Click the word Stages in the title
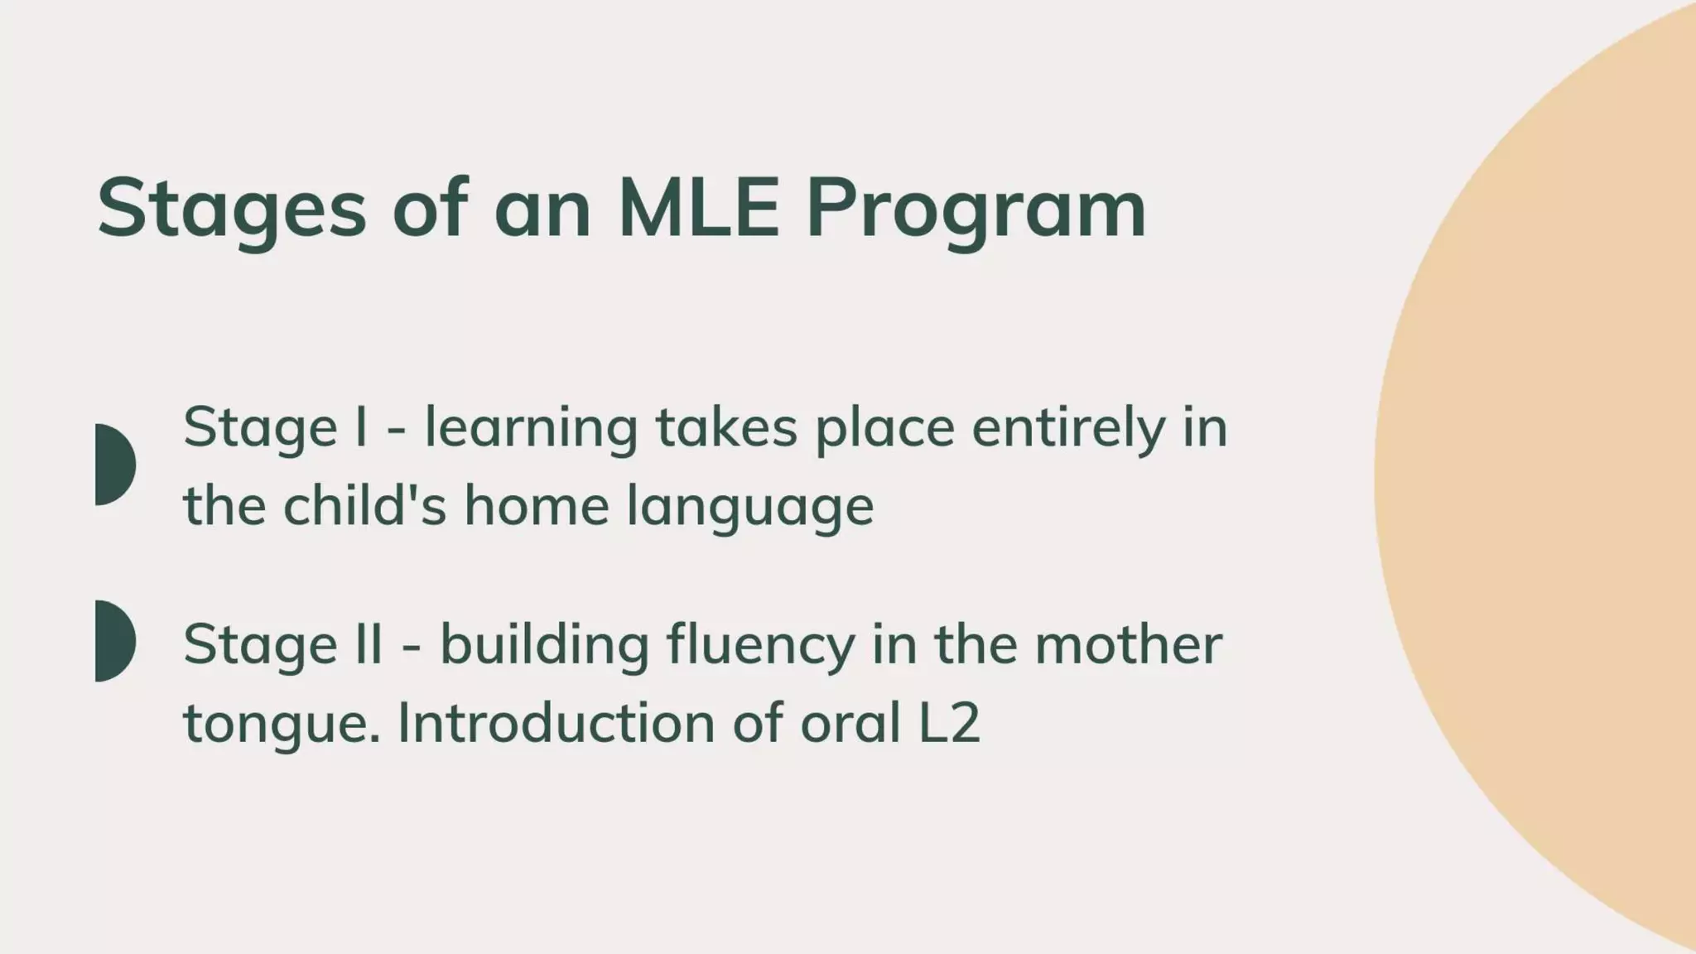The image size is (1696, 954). [x=231, y=209]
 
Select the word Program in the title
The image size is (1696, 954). [x=976, y=209]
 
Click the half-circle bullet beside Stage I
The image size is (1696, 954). [x=114, y=465]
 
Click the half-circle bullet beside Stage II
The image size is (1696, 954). [x=114, y=641]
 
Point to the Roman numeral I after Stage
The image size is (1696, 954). [x=359, y=428]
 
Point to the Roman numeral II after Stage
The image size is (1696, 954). [x=367, y=645]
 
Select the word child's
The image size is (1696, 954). [x=364, y=506]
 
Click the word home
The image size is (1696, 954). [x=537, y=506]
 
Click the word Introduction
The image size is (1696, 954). [x=556, y=723]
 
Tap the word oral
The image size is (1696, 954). [x=850, y=723]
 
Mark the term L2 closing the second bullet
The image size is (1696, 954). [x=950, y=723]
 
